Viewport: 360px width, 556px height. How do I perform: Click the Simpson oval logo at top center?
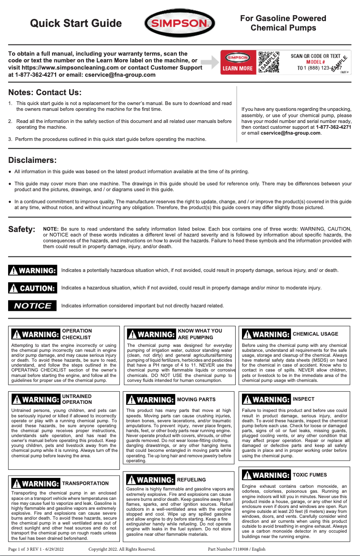179,23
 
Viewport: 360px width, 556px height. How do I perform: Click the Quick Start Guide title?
76,23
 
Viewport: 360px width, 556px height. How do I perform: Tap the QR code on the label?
268,62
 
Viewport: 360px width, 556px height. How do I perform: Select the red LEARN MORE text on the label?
238,69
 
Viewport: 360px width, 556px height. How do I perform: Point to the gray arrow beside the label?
209,62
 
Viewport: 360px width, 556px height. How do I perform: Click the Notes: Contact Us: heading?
45,93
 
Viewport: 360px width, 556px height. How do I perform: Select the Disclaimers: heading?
33,160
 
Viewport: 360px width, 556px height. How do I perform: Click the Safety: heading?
22,229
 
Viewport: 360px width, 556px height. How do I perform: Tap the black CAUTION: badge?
33,288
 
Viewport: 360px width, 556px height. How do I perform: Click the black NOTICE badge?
33,306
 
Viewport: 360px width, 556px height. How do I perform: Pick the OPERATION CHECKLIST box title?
77,334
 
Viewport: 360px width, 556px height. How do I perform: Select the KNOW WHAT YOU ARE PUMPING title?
200,334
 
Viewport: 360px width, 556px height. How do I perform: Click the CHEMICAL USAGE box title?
315,334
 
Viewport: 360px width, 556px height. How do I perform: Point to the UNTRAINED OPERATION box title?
77,399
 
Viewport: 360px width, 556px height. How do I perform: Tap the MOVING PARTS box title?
196,399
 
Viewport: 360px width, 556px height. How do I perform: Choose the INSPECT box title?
303,399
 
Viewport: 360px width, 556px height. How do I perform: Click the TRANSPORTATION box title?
85,483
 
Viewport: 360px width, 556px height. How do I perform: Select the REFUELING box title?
192,480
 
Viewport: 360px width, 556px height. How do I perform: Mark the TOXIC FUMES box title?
310,475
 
